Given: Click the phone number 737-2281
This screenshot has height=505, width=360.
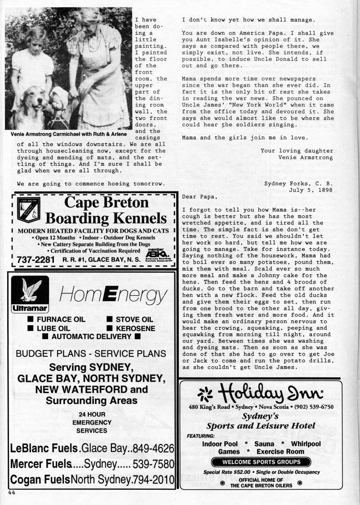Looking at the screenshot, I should point(36,260).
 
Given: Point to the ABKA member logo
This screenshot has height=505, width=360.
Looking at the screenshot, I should point(156,255).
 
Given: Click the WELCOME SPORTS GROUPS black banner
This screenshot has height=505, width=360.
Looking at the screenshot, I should point(261,462).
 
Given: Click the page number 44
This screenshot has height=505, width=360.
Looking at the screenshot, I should point(12,492).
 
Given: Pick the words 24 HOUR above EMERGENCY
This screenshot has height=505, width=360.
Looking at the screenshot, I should point(92,414).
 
